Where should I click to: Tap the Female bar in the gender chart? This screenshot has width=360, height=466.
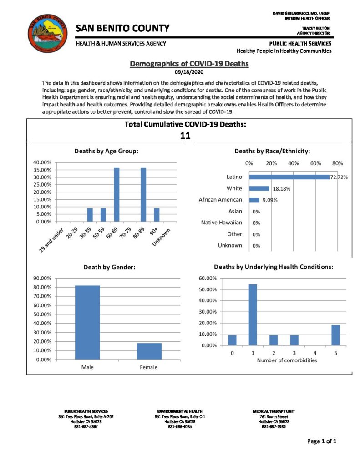point(149,351)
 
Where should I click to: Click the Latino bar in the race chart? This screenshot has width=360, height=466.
point(289,177)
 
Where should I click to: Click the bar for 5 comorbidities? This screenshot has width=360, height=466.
point(335,335)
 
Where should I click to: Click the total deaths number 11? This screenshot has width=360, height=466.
point(185,136)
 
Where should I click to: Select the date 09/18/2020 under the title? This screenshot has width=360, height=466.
point(189,72)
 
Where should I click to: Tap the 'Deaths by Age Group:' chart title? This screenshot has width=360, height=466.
point(106,151)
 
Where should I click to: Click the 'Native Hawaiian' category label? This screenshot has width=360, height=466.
point(222,223)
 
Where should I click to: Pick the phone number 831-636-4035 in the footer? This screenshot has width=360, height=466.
point(181,426)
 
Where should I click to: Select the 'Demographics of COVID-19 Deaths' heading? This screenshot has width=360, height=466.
point(189,64)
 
